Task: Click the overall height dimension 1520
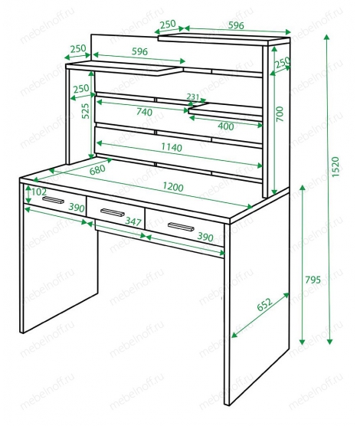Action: coord(335,167)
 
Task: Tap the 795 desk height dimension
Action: coord(313,280)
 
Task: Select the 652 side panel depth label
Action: coord(264,304)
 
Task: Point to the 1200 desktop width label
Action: coord(173,187)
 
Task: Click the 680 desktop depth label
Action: coord(97,169)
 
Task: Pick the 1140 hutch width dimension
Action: coord(172,147)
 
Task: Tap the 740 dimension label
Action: coord(144,112)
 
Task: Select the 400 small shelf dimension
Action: coord(226,126)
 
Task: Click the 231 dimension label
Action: coord(193,97)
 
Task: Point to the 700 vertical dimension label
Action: coord(280,114)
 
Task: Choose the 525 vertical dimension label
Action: coord(85,110)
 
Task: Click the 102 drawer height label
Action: coord(39,192)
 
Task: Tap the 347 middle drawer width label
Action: coord(133,221)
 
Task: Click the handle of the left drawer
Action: coord(54,200)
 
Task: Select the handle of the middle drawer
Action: coord(112,212)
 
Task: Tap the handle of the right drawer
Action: coord(181,227)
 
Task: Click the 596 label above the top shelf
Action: coord(236,25)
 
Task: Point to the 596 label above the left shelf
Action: coord(139,51)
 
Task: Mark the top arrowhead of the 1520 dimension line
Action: coord(327,38)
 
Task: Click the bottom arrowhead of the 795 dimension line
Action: coord(302,342)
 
